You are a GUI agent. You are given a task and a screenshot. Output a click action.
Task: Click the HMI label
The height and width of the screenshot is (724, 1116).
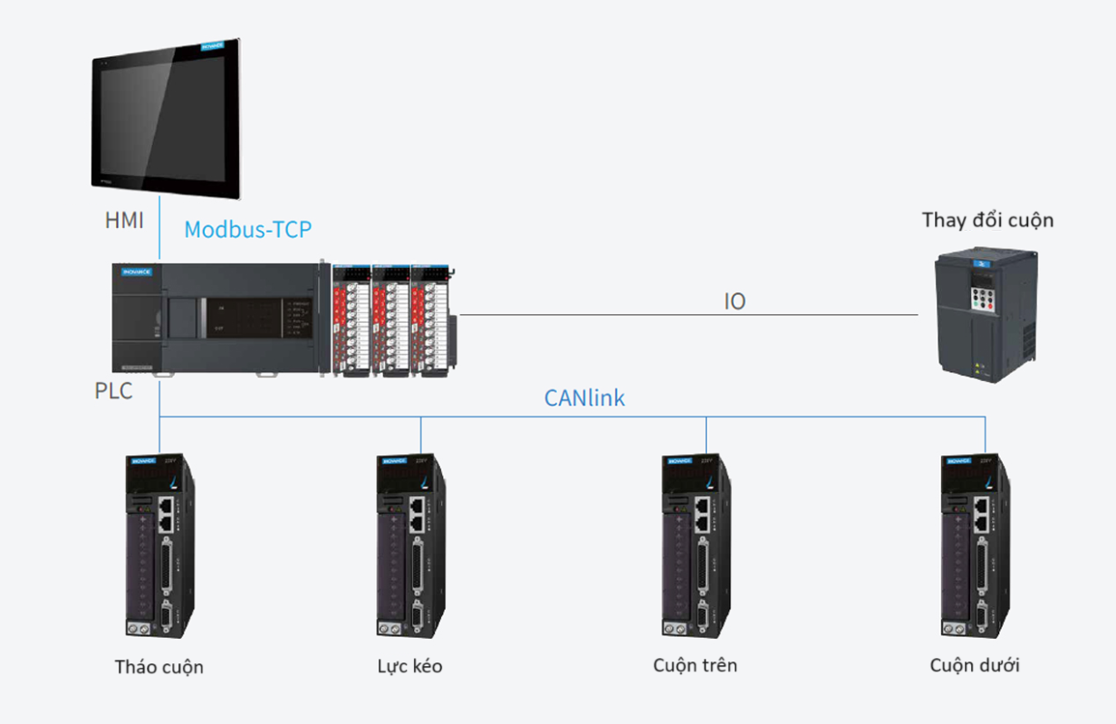(124, 220)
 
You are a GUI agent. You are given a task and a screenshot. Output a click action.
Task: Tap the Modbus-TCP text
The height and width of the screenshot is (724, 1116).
(247, 229)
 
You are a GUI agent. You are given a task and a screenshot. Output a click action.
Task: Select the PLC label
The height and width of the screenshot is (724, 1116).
(113, 391)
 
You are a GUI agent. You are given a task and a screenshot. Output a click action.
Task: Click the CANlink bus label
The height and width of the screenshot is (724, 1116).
(584, 397)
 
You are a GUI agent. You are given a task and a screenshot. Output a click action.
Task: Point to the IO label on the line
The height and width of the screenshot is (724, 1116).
(735, 301)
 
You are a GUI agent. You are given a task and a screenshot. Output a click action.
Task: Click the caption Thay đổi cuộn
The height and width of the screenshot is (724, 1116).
(987, 220)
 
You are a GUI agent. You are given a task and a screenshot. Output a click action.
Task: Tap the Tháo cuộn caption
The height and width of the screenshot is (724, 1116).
(159, 667)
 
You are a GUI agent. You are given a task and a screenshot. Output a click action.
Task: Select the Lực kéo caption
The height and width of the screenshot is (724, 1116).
(410, 666)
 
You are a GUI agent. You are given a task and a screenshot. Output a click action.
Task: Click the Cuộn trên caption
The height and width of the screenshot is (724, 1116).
(695, 665)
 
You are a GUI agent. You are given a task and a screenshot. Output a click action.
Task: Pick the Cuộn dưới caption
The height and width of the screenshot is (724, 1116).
(975, 665)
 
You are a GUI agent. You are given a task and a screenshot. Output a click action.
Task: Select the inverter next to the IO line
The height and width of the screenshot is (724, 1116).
(986, 318)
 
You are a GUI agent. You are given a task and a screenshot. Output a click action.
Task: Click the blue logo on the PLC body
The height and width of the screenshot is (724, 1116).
(137, 271)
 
